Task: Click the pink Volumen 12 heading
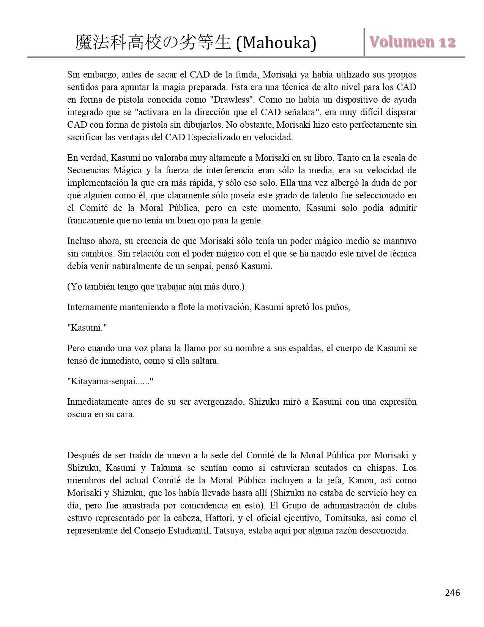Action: pos(411,42)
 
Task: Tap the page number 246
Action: pos(452,592)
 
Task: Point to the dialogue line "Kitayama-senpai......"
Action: pos(110,382)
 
